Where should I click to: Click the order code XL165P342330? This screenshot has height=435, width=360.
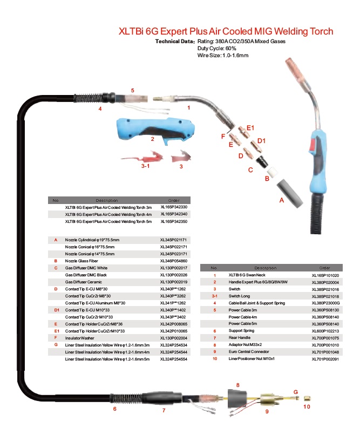pos(174,207)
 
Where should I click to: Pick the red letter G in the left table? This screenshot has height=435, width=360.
pos(56,344)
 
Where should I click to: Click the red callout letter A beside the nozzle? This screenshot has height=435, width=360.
pos(280,200)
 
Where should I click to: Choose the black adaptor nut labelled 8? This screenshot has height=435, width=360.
pos(237,400)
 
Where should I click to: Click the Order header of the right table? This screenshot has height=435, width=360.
pos(324,268)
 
